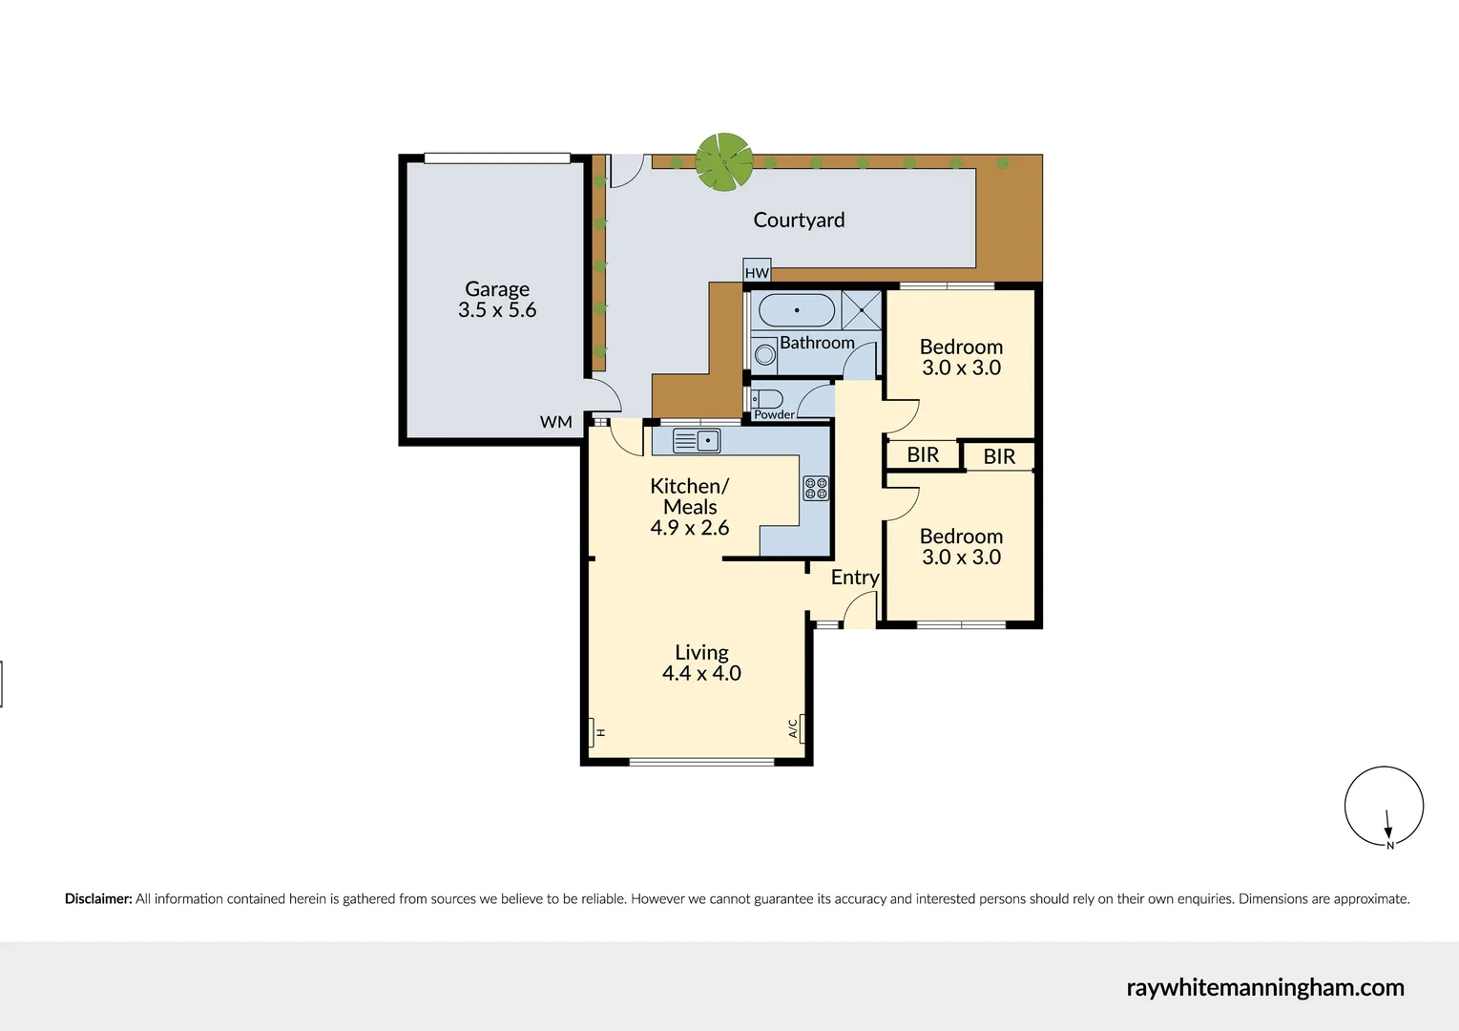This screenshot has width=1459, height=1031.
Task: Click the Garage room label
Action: pyautogui.click(x=496, y=288)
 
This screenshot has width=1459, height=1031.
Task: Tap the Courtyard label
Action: pyautogui.click(x=799, y=220)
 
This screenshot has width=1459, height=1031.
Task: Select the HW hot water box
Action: pyautogui.click(x=757, y=272)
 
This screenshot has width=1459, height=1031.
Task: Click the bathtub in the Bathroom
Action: pyautogui.click(x=796, y=310)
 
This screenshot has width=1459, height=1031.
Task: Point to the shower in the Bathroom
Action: pyautogui.click(x=861, y=310)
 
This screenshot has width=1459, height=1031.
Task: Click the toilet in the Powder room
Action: pyautogui.click(x=767, y=398)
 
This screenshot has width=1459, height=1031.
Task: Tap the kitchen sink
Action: pyautogui.click(x=697, y=440)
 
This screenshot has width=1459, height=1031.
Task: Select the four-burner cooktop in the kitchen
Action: pyautogui.click(x=816, y=488)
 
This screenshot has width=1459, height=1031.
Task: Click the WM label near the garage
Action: pyautogui.click(x=556, y=422)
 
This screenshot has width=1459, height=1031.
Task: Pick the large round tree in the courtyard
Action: pyautogui.click(x=723, y=161)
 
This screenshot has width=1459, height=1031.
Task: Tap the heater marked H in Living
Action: pyautogui.click(x=596, y=732)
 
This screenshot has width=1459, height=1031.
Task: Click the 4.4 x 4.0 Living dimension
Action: pyautogui.click(x=701, y=673)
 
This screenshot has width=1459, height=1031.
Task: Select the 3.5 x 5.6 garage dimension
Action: pyautogui.click(x=496, y=310)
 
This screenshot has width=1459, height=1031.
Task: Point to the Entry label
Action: pyautogui.click(x=854, y=577)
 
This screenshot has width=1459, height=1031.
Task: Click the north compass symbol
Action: pyautogui.click(x=1384, y=807)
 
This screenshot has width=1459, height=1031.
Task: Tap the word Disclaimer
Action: pyautogui.click(x=97, y=898)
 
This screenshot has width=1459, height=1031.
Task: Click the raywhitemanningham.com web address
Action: pyautogui.click(x=1265, y=987)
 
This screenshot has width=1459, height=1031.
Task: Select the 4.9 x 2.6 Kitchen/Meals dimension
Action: pyautogui.click(x=689, y=528)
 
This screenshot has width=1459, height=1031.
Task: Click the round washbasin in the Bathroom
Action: pyautogui.click(x=765, y=354)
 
